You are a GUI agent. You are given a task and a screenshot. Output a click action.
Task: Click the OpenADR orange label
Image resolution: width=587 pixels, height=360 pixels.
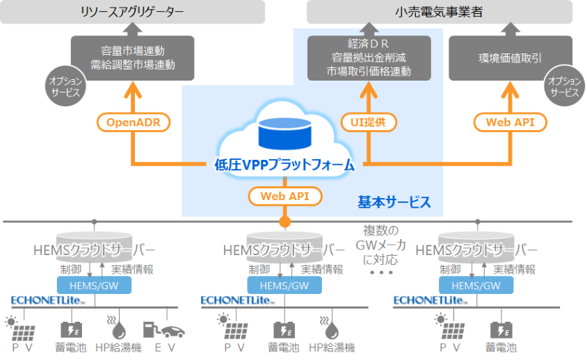[134, 122]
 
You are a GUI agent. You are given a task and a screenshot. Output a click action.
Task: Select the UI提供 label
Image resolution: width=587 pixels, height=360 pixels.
[369, 122]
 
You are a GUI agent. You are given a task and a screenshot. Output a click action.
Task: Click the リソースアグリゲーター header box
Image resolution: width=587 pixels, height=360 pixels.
[133, 12]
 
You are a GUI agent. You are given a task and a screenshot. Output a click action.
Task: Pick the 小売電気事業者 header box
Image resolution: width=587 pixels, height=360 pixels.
[439, 12]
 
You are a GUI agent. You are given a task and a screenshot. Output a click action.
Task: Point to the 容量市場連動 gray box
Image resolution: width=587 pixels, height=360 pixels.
[133, 58]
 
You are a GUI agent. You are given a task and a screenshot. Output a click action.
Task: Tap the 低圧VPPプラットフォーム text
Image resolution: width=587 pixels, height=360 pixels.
[284, 165]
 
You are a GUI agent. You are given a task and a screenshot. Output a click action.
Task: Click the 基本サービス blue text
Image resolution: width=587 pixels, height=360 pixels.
[394, 202]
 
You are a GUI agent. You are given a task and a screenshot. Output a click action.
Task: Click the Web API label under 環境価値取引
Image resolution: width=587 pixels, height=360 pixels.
[510, 122]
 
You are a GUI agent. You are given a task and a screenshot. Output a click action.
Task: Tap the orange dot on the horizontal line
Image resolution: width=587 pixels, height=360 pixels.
[284, 222]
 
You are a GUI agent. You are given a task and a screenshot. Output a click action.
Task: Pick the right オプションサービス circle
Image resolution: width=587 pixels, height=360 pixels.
[564, 87]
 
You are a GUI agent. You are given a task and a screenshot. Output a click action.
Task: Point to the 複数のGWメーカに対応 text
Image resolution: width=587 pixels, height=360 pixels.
[380, 245]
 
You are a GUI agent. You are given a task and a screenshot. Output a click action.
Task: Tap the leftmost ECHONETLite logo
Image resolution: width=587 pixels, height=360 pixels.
[43, 300]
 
